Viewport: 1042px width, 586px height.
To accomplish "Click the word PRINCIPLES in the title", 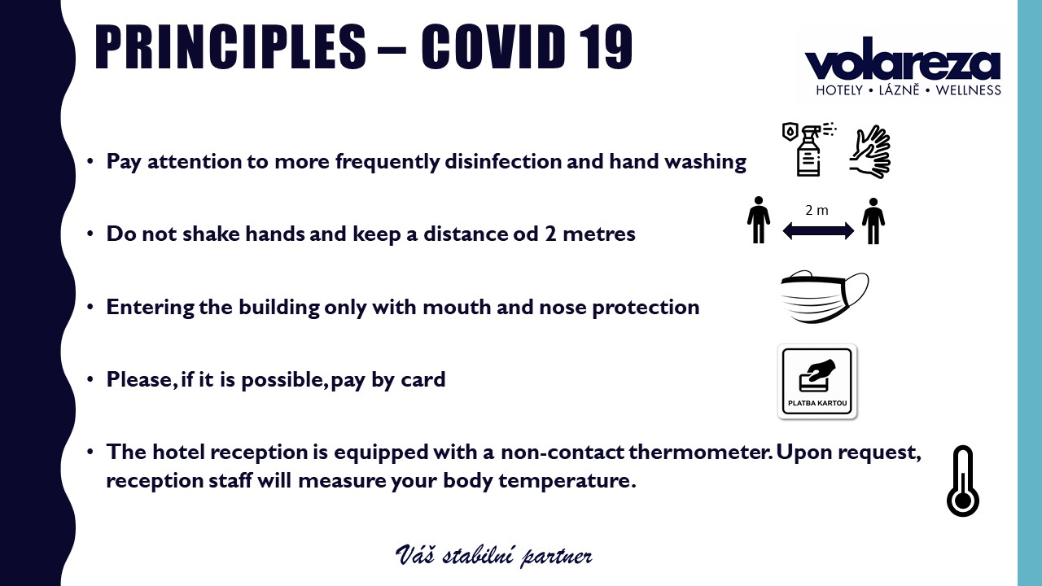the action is click(x=230, y=47).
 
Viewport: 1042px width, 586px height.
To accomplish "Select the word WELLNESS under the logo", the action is click(x=968, y=90).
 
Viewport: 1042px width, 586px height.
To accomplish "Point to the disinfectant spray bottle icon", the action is click(x=809, y=149).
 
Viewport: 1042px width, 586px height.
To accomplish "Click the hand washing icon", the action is click(x=870, y=151).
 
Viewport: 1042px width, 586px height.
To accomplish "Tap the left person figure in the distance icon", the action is click(x=759, y=220).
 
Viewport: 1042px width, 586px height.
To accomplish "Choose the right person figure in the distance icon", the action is click(x=873, y=221).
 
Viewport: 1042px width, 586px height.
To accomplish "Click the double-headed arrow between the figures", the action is click(x=818, y=230).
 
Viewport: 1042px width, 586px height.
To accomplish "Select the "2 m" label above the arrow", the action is click(x=817, y=210).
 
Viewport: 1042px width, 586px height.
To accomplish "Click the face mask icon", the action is click(x=825, y=297).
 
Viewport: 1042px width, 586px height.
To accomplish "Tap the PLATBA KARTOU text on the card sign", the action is click(x=817, y=403).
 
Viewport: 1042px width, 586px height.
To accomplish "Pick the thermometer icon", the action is click(x=963, y=481).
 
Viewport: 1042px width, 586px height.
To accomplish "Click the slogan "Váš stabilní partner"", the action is click(x=494, y=555).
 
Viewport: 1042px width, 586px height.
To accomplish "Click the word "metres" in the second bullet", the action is click(x=598, y=234).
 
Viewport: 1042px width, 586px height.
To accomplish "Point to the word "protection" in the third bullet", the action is click(x=646, y=308).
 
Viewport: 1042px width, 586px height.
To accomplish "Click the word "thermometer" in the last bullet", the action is click(x=700, y=452).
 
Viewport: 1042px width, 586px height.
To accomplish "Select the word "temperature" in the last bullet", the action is click(x=567, y=481).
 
